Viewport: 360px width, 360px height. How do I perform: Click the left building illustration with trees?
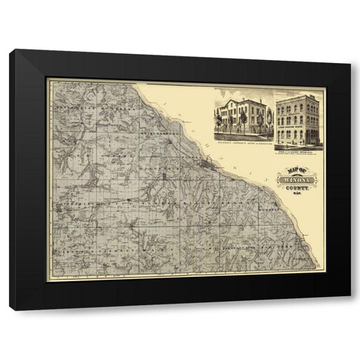point(241,115)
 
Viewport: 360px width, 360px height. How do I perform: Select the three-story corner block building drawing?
point(299,118)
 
